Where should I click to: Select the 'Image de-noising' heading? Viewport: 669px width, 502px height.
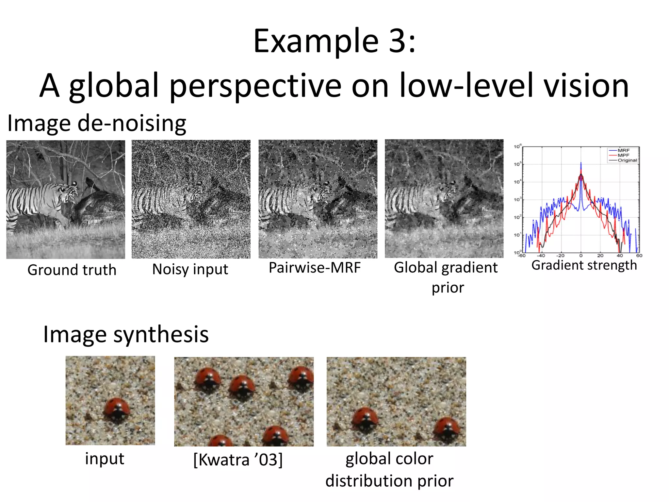(x=97, y=124)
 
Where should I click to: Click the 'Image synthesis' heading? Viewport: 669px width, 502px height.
(x=126, y=334)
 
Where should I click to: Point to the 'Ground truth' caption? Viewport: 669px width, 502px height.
(x=72, y=270)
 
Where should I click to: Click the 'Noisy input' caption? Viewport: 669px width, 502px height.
(x=190, y=270)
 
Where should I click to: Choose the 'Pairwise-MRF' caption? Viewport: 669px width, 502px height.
(x=315, y=268)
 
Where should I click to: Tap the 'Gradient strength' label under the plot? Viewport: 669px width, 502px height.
(x=584, y=265)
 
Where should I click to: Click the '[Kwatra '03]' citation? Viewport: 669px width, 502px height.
(x=238, y=460)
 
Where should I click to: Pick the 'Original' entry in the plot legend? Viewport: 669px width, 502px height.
(x=627, y=160)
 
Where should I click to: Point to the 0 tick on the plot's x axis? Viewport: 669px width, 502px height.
(x=581, y=256)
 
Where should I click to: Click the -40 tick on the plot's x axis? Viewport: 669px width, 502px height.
(x=541, y=256)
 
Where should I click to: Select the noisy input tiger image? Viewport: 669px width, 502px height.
(x=191, y=199)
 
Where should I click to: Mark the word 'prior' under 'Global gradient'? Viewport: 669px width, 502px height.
(x=448, y=288)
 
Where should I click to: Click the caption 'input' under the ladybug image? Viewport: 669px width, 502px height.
(x=105, y=459)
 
